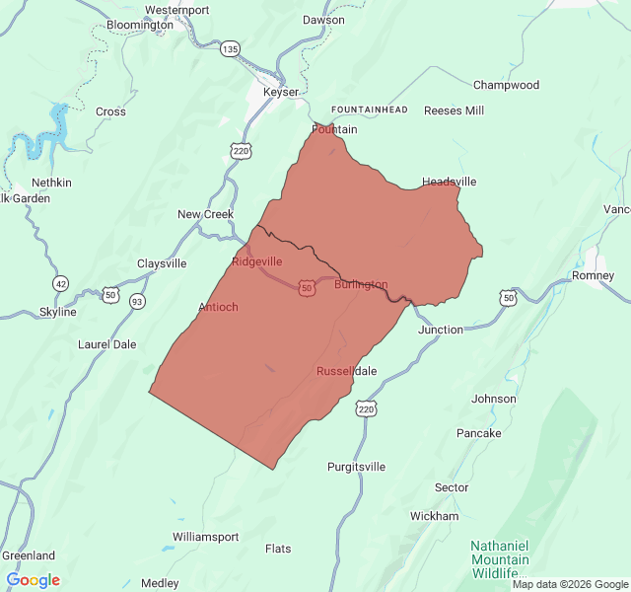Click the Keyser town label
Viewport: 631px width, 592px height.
coord(281,92)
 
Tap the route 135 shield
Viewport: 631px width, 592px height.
coord(230,48)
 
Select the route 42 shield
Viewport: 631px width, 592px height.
coord(61,283)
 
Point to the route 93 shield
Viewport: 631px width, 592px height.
coord(136,301)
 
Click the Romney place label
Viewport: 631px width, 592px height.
coord(594,275)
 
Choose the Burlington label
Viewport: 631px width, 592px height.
coord(361,284)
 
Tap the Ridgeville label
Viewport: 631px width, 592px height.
coord(257,261)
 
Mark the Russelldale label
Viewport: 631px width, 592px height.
coord(346,371)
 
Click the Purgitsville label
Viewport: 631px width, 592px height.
coord(357,467)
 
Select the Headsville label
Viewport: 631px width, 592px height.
coord(450,182)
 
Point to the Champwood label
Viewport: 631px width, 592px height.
coord(506,85)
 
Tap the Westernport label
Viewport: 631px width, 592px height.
coord(176,10)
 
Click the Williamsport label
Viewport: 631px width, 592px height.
coord(205,537)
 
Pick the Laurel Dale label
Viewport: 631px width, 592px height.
coord(107,344)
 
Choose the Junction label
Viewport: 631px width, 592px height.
coord(440,330)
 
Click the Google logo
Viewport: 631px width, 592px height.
coord(33,580)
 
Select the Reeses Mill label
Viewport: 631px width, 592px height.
coord(454,111)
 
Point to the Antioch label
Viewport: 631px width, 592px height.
coord(218,307)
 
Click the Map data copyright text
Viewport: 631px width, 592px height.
coord(570,584)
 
